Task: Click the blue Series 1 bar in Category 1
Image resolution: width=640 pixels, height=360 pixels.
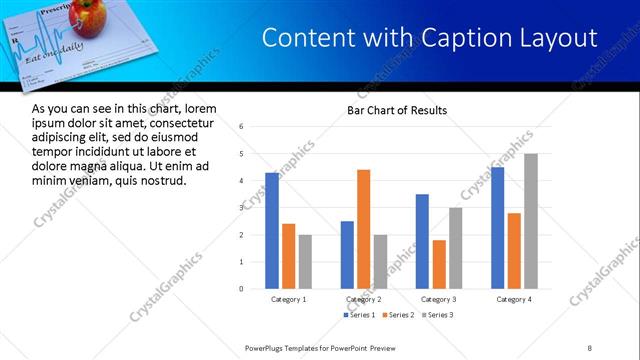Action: coord(272,231)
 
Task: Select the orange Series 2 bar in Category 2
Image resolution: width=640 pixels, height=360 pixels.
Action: coord(363,229)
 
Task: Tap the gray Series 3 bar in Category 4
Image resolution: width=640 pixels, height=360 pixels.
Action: coord(530,221)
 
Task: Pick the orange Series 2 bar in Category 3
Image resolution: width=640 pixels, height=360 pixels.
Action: coord(438,264)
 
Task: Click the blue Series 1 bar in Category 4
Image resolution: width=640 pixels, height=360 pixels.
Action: coord(497,228)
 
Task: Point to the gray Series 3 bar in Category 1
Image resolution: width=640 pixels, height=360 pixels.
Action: coord(305,261)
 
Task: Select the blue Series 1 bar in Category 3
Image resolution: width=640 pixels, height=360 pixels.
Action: coord(422,241)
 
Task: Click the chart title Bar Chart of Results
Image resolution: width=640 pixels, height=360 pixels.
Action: coord(397,110)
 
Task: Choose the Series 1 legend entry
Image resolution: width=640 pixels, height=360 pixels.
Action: coord(359,315)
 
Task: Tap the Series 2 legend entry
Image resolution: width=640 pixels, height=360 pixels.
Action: coord(397,315)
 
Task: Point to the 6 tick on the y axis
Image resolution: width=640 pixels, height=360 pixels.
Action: coord(241,127)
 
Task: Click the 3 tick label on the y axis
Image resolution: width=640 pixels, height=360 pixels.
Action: coord(241,208)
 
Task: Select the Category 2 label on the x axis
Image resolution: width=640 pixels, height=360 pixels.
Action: coord(363,299)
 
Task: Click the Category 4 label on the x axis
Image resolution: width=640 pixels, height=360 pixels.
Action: coord(513,299)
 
